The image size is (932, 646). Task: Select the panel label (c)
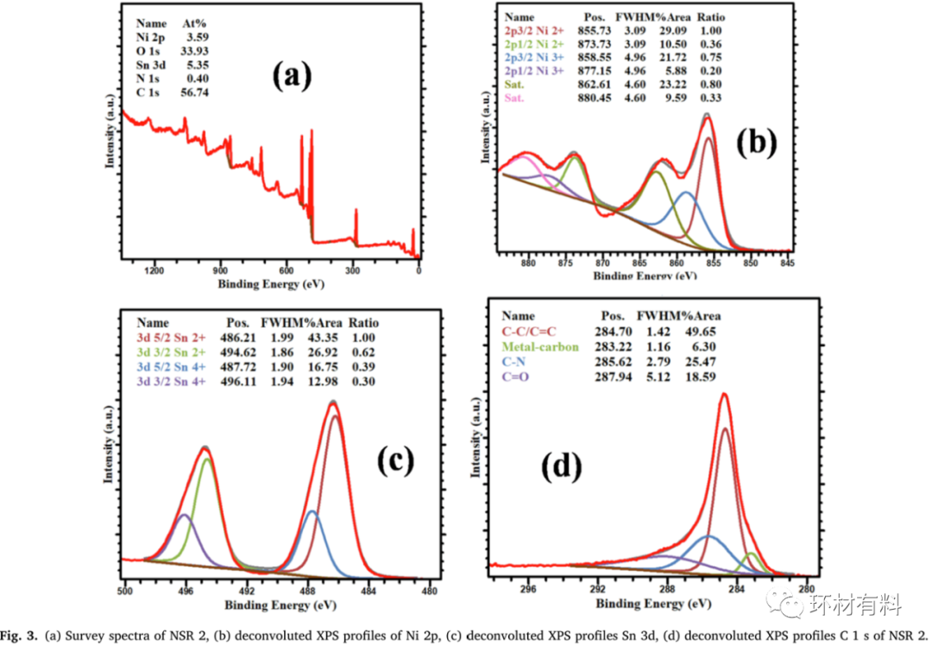point(403,461)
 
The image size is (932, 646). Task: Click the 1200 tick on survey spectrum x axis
point(154,270)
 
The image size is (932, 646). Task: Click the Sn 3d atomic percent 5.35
point(196,65)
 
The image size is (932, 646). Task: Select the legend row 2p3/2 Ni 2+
point(540,30)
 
